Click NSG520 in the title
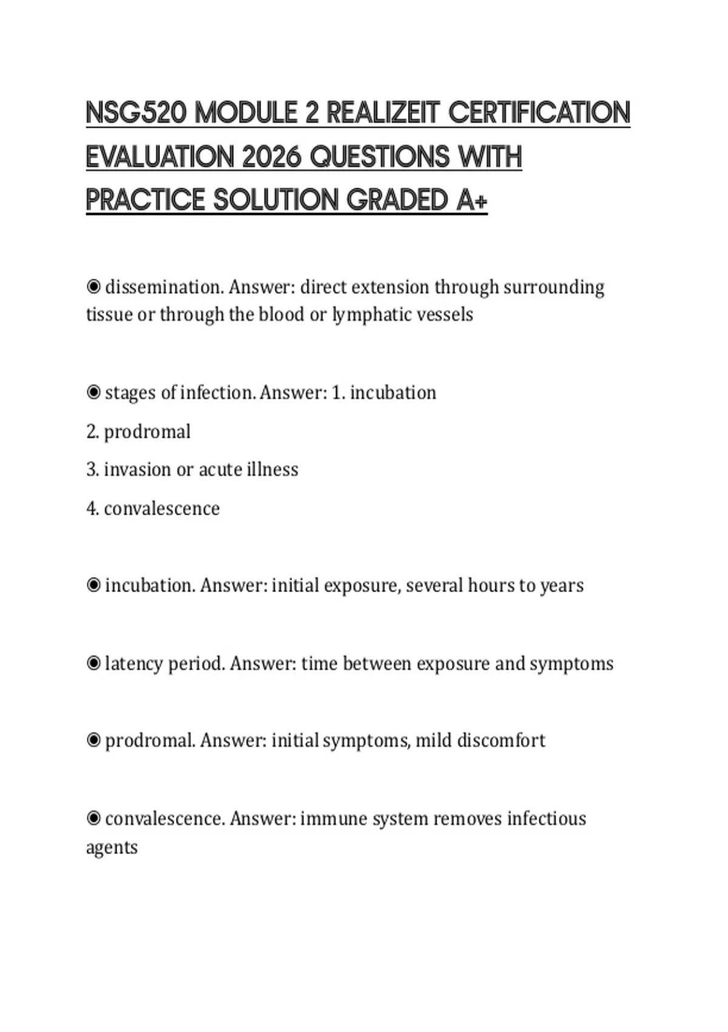pos(136,114)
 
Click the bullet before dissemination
pos(93,286)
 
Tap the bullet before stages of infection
pos(93,392)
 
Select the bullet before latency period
pos(93,663)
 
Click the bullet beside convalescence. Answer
pos(93,818)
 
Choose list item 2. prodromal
pos(138,432)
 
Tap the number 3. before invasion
pos(93,469)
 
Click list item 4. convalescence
pos(153,508)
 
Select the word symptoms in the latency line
pos(571,664)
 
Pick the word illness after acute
pos(272,469)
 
